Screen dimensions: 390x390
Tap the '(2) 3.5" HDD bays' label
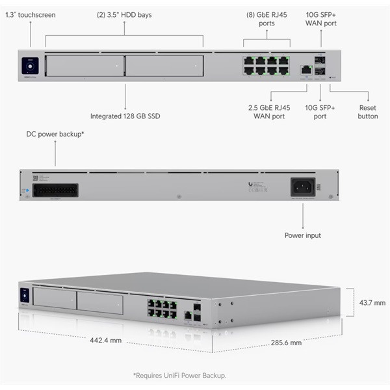point(124,14)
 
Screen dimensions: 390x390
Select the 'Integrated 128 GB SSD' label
point(125,116)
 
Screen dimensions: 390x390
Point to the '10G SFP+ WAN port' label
point(321,19)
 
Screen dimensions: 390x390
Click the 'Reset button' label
point(368,112)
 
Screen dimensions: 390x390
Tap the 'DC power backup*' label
point(55,134)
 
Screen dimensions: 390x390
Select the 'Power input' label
point(302,235)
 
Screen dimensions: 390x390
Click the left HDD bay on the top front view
point(84,66)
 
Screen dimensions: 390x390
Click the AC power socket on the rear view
point(302,187)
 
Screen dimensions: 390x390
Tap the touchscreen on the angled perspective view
point(25,294)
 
